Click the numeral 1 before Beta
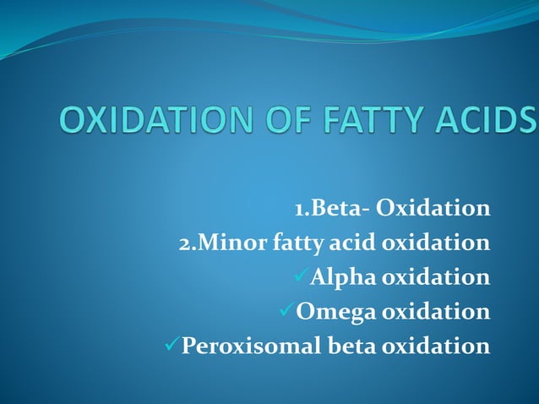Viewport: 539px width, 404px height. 299,209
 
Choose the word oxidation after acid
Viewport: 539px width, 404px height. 436,243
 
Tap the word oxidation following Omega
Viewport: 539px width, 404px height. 436,312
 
